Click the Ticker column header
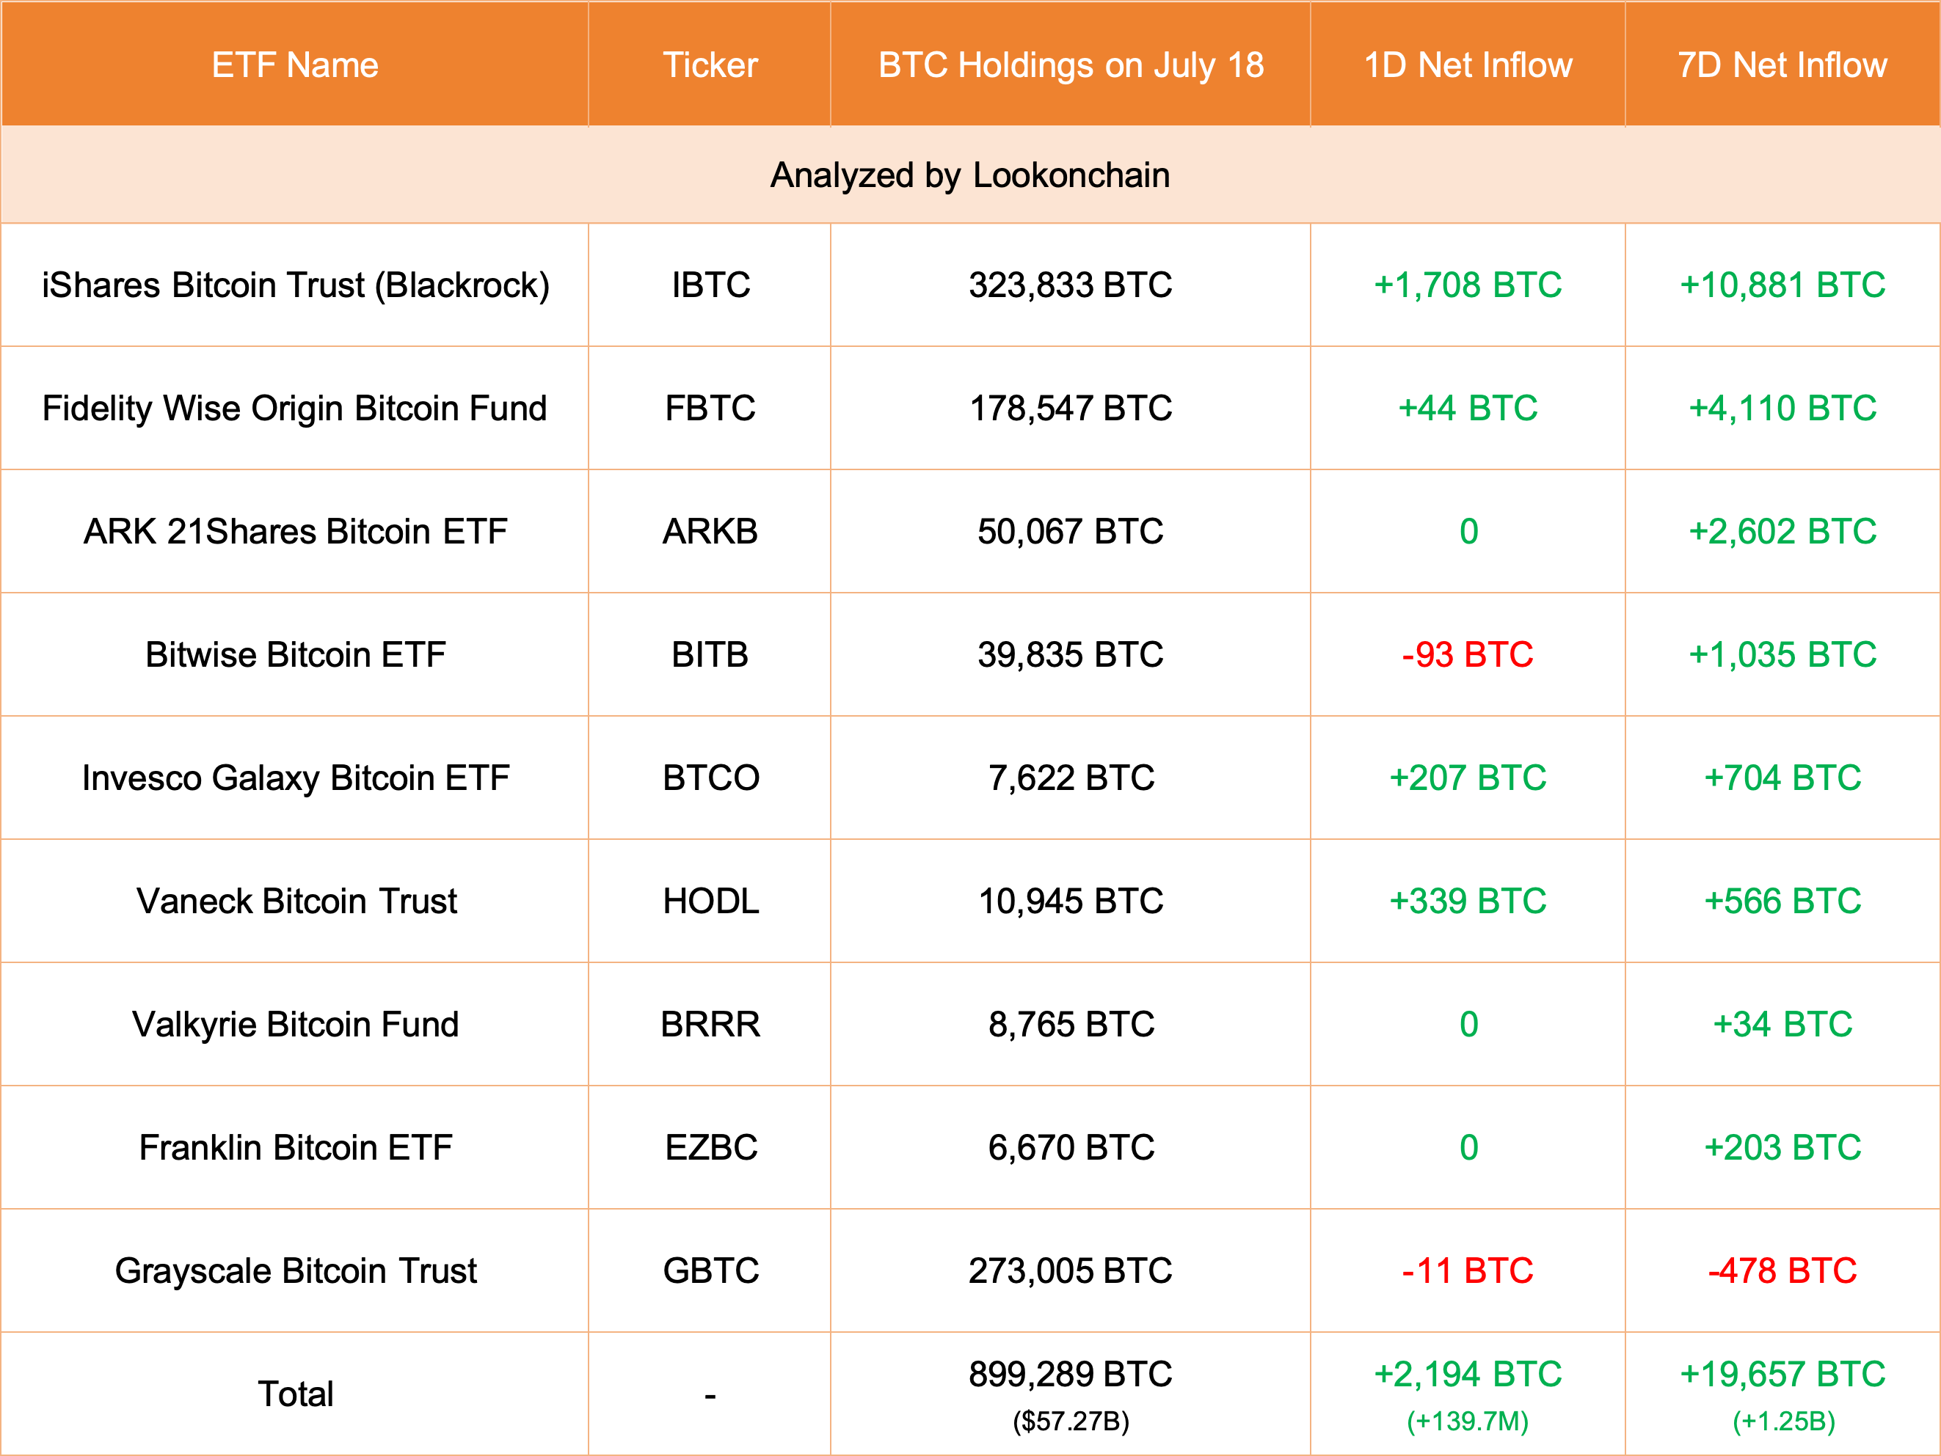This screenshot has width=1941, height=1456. (x=710, y=65)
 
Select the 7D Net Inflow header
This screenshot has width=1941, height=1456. (x=1782, y=65)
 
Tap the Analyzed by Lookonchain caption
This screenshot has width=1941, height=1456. (x=969, y=175)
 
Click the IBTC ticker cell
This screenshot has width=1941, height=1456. (x=710, y=285)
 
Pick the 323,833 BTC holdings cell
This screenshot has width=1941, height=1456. (x=1070, y=285)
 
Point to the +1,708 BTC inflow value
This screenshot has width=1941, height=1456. (x=1467, y=285)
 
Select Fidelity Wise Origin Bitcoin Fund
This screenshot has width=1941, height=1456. (x=295, y=408)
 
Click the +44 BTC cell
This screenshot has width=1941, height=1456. (x=1467, y=408)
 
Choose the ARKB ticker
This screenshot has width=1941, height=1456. (x=710, y=532)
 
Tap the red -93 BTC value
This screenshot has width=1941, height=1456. (x=1467, y=654)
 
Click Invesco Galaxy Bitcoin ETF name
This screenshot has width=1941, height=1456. (x=295, y=778)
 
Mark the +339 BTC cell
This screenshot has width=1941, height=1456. (x=1467, y=901)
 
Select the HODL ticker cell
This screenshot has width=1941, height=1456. (x=710, y=901)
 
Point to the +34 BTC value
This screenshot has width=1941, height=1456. (x=1782, y=1025)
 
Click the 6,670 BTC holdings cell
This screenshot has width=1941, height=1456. (x=1070, y=1147)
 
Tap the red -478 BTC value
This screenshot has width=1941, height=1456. (x=1782, y=1271)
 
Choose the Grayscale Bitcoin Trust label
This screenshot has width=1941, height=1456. (x=295, y=1271)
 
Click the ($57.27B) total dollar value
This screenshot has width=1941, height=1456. (x=1071, y=1421)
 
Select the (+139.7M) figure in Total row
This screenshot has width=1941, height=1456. (x=1467, y=1421)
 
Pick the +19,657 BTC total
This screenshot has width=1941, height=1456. (x=1782, y=1374)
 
